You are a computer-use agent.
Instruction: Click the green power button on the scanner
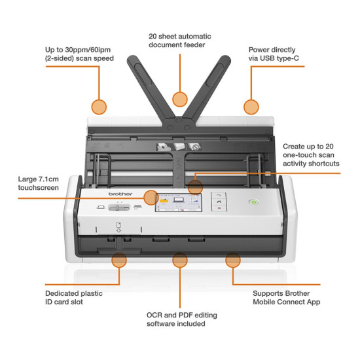point(254,202)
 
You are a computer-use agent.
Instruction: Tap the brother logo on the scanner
point(120,194)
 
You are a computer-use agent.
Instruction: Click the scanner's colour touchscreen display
point(179,202)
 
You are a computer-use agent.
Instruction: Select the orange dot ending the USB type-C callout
point(251,107)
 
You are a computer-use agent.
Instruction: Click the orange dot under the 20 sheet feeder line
point(180,99)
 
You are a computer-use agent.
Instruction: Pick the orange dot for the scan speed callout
point(99,107)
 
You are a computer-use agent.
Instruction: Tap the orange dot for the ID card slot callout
point(119,260)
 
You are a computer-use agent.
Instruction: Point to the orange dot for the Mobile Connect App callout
point(233,260)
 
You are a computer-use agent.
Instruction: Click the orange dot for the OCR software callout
point(180,260)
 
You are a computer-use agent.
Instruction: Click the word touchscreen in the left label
point(39,188)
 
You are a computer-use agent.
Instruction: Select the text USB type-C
point(279,58)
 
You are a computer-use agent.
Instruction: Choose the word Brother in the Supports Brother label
point(297,293)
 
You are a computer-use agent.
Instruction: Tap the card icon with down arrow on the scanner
point(118,227)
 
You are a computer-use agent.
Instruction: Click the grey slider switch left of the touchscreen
point(119,207)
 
